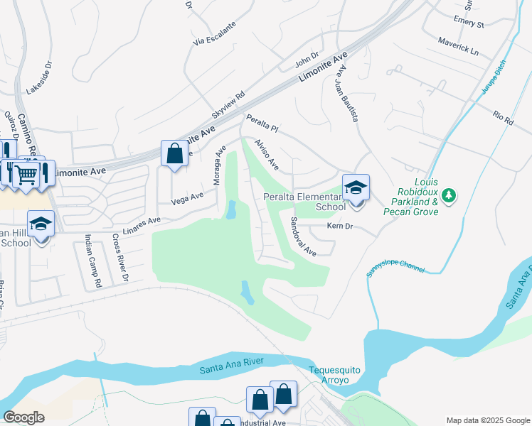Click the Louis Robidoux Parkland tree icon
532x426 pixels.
tap(448, 194)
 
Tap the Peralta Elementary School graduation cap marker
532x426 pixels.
tap(356, 188)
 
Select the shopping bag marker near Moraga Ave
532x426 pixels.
tap(175, 153)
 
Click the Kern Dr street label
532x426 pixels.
tap(340, 226)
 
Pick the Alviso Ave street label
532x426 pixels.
tap(266, 154)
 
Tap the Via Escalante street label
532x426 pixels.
tap(214, 33)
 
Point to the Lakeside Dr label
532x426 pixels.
tap(40, 78)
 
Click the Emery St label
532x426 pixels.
tap(469, 24)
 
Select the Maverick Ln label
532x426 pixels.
tap(458, 46)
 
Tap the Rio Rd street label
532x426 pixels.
tap(503, 116)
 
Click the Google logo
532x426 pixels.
tap(23, 417)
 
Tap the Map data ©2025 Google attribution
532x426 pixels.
tap(487, 420)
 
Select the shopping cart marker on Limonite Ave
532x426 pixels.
tap(27, 173)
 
